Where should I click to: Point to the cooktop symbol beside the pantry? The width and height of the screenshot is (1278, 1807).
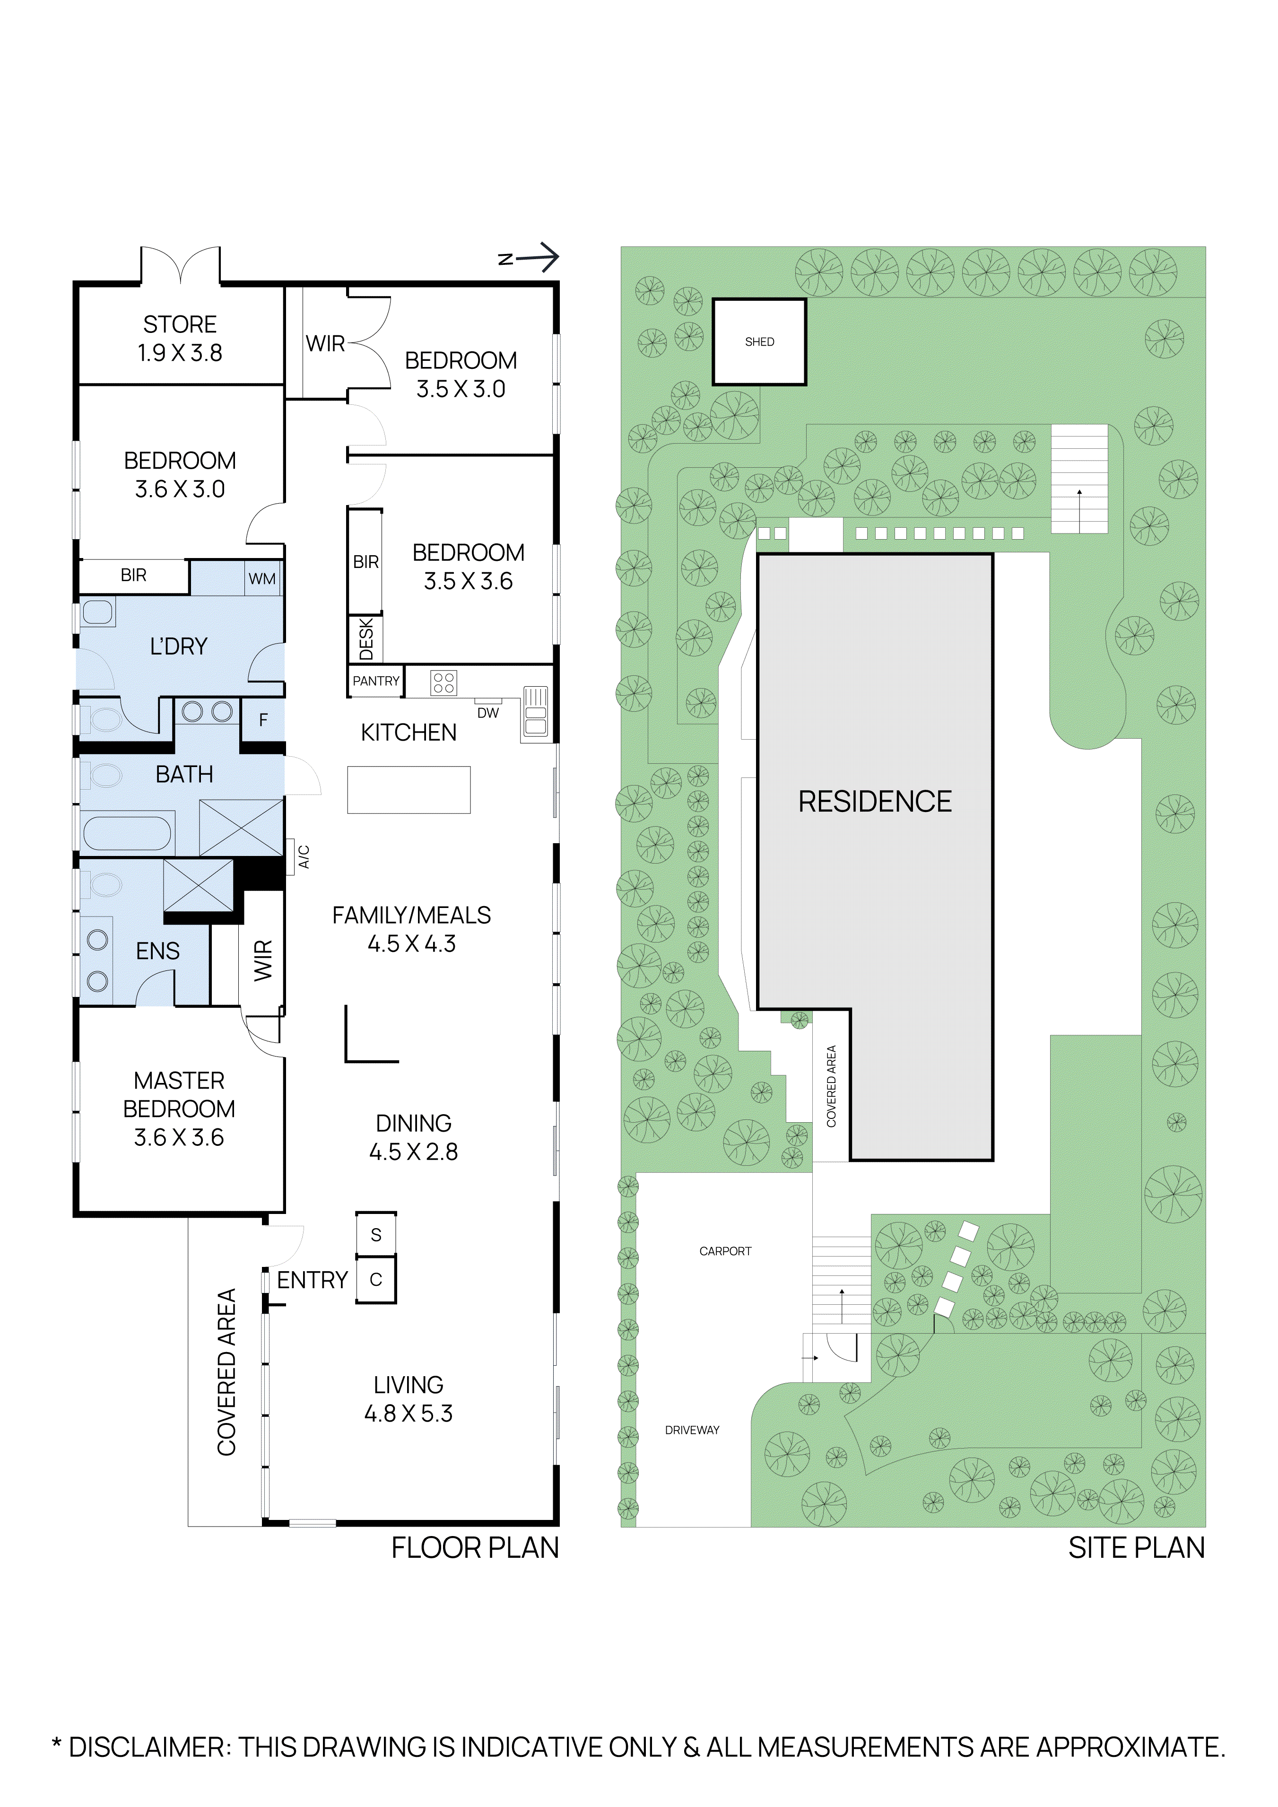(x=443, y=682)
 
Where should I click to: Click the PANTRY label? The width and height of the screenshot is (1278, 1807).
(x=375, y=681)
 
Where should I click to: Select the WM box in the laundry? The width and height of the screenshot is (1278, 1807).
(x=262, y=578)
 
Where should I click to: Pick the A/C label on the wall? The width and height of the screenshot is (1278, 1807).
(x=304, y=857)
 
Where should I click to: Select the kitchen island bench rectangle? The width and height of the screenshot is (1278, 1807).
(x=409, y=789)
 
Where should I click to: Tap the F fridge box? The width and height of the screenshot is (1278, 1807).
(x=263, y=719)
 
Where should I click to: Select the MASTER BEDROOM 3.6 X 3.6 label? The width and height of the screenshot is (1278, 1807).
(x=179, y=1108)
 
